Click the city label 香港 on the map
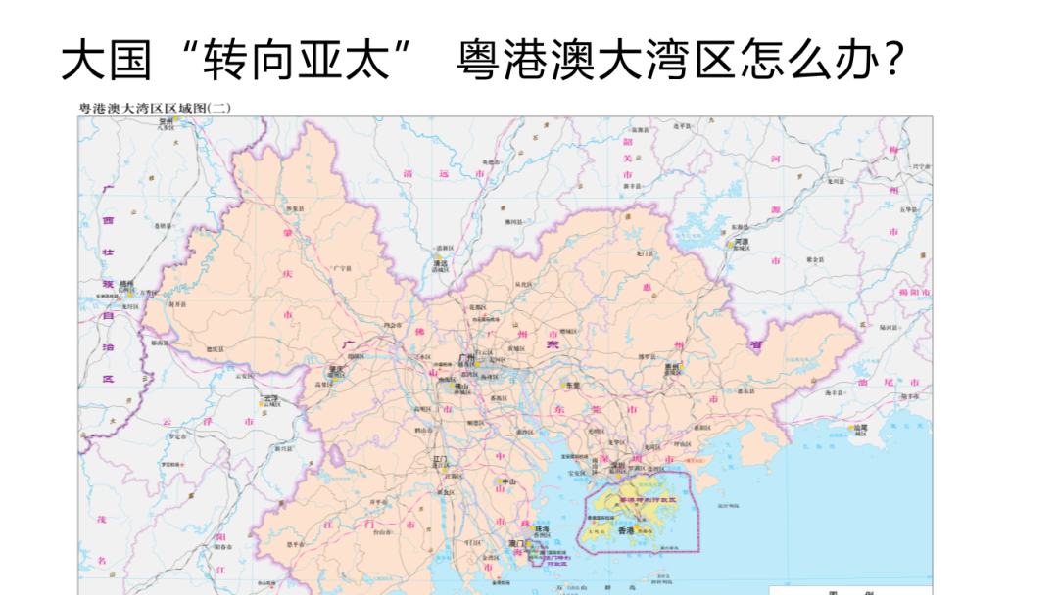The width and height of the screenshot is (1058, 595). pos(627,529)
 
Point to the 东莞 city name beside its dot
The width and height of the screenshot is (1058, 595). pos(572,386)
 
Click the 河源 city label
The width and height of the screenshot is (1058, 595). pos(742,241)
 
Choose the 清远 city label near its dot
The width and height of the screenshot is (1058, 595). pos(440,263)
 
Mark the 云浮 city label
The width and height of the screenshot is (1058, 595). pos(270,398)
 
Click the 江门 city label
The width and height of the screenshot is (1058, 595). pos(441,458)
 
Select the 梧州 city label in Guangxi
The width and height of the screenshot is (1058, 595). pos(126,284)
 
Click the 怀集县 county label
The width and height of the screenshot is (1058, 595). pos(293,208)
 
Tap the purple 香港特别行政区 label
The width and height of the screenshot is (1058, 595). pos(636,499)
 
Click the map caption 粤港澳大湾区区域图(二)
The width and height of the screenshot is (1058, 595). pos(154,109)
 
